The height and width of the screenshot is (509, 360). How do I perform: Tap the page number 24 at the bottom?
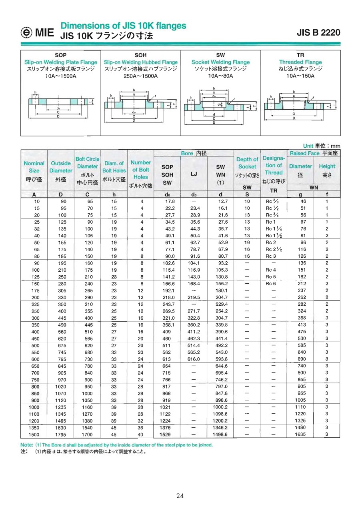coord(180,496)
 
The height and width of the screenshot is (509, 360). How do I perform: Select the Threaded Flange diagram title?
coord(300,62)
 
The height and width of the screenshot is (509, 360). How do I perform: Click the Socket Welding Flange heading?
coord(220,62)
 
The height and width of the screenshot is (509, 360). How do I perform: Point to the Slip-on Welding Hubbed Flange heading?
coord(140,62)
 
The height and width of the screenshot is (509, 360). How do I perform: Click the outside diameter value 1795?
coord(61,434)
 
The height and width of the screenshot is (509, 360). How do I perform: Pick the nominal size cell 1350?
coord(34,427)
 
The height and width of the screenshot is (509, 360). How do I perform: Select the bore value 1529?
coord(167,434)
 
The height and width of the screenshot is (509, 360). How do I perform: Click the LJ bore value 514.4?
coord(194,345)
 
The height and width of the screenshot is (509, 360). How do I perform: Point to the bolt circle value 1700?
coord(87,434)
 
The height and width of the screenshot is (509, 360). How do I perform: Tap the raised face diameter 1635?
coord(300,434)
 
